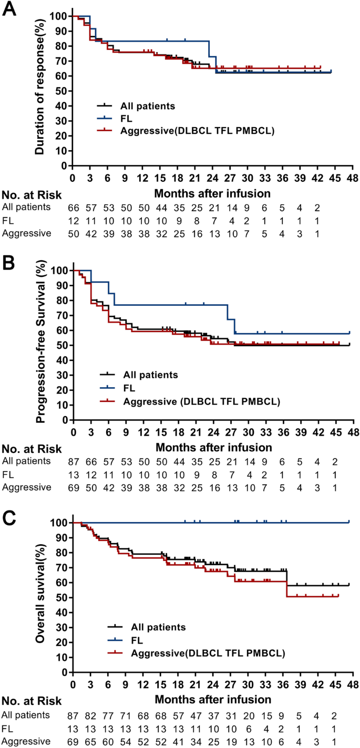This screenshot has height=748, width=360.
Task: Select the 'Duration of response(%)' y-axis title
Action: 39,90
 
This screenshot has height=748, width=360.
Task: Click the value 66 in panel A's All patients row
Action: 75,207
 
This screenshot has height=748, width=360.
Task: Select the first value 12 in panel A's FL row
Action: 75,220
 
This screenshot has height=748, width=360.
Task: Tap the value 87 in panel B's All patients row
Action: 75,461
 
